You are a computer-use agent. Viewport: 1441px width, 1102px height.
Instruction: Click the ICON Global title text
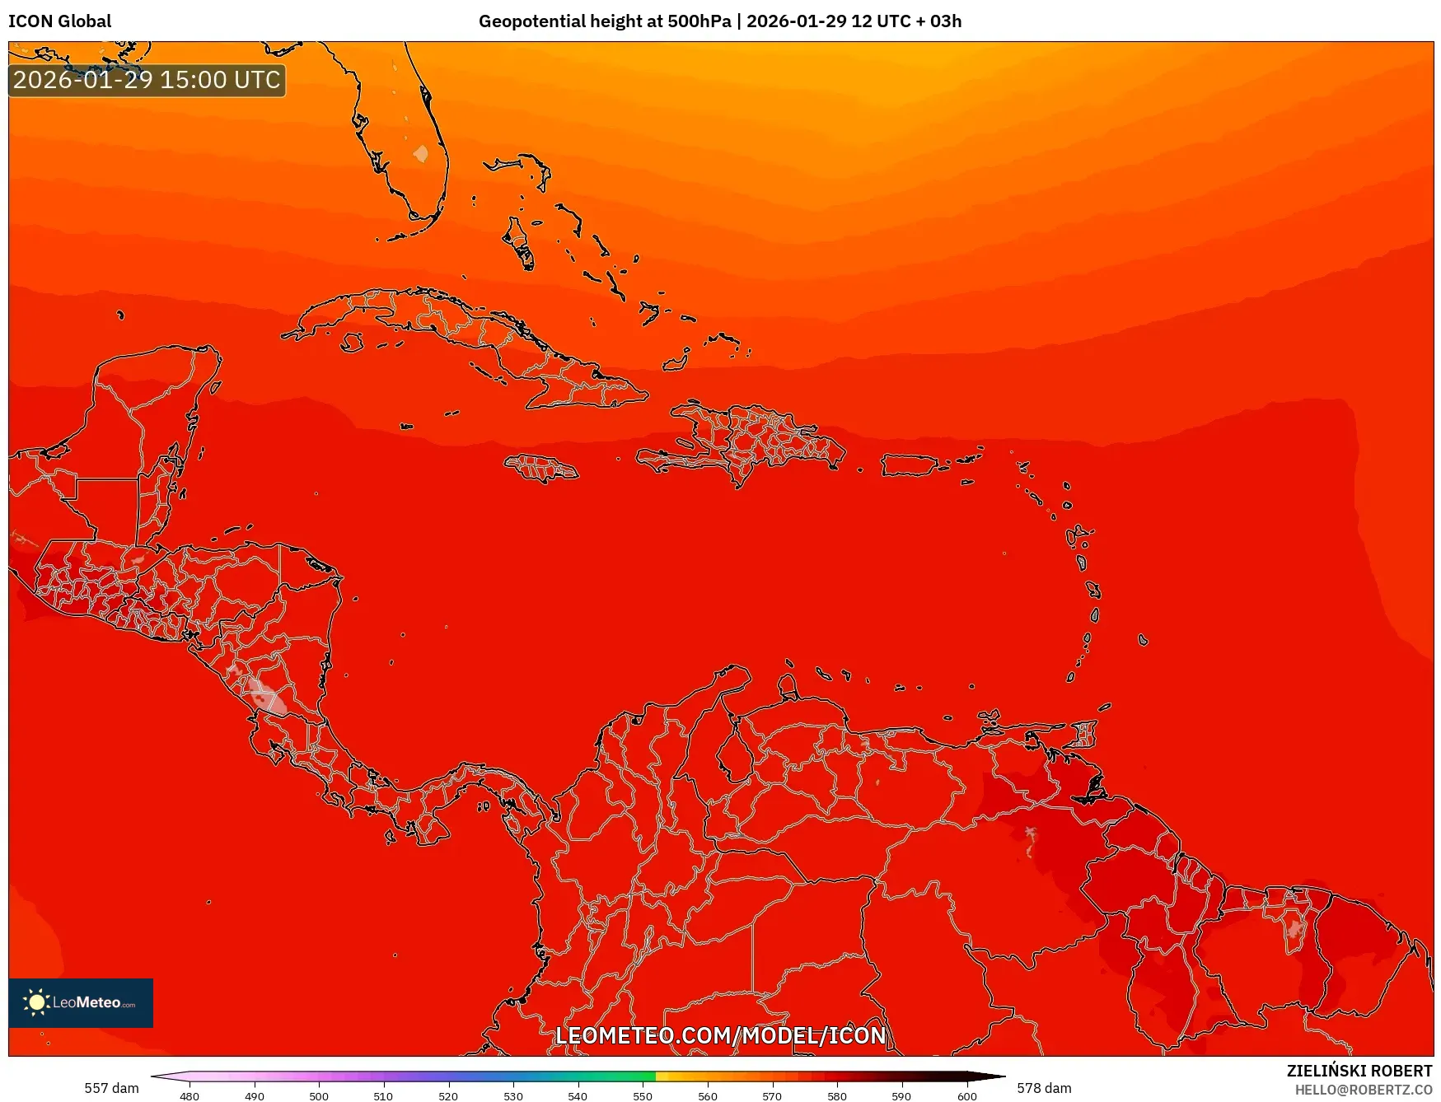click(59, 21)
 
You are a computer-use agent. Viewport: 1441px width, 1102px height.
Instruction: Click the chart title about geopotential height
click(719, 21)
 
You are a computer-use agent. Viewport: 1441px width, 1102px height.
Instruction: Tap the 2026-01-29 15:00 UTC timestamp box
click(147, 80)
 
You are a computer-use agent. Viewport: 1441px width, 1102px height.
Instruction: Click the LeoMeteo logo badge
click(81, 1002)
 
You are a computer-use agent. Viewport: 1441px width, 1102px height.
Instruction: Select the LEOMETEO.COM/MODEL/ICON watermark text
click(720, 1035)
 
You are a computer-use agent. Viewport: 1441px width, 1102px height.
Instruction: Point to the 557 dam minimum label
click(111, 1088)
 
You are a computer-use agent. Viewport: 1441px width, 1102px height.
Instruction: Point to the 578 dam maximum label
click(1044, 1088)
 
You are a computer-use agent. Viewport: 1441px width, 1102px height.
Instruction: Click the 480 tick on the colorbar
click(189, 1095)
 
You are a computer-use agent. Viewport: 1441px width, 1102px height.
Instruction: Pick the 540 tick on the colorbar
click(578, 1095)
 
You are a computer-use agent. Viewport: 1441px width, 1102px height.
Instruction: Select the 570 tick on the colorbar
click(772, 1095)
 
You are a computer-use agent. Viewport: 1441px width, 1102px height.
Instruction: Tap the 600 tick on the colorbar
click(966, 1095)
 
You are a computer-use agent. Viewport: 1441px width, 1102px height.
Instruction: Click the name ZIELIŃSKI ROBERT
click(1359, 1071)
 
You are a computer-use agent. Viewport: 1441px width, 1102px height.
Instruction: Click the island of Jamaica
click(541, 469)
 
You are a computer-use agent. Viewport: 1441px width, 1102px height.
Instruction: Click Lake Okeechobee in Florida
click(421, 154)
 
